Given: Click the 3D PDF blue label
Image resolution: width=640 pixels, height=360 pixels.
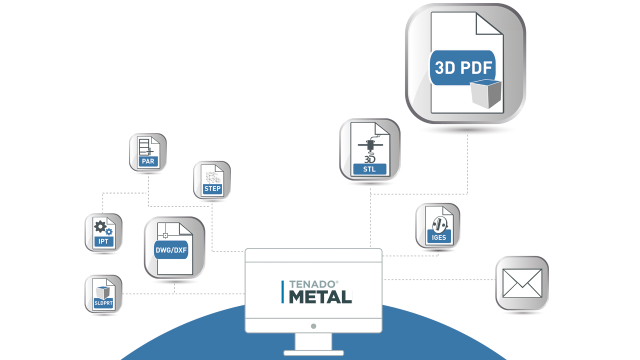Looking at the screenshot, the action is pyautogui.click(x=463, y=67).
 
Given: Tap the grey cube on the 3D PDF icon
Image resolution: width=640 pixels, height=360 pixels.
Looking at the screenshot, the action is pyautogui.click(x=485, y=93).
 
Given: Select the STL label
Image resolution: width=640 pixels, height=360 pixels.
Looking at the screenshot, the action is pyautogui.click(x=369, y=169).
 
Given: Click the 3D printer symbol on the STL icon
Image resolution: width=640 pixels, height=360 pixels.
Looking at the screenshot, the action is pyautogui.click(x=370, y=151).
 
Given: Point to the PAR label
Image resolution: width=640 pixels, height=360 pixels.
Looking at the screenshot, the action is pyautogui.click(x=148, y=161).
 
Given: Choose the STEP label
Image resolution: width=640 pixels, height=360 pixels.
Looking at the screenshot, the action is pyautogui.click(x=212, y=188).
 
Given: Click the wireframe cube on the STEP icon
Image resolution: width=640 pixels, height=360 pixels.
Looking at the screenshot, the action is pyautogui.click(x=213, y=177).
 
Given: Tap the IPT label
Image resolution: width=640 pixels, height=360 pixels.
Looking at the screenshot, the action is pyautogui.click(x=103, y=241).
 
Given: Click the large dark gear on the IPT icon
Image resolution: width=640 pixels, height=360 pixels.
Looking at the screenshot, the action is pyautogui.click(x=100, y=226).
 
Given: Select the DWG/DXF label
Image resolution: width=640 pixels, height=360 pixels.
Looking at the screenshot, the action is pyautogui.click(x=171, y=250).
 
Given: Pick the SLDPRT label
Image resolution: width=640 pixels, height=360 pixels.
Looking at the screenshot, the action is pyautogui.click(x=103, y=303).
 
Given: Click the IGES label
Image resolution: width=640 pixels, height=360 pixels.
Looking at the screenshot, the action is pyautogui.click(x=438, y=237).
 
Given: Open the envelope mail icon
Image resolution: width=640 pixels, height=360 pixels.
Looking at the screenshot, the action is pyautogui.click(x=522, y=283).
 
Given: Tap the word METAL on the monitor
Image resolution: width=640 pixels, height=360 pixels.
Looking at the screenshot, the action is pyautogui.click(x=320, y=297).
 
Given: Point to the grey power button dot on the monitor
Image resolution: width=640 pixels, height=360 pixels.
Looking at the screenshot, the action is pyautogui.click(x=313, y=326).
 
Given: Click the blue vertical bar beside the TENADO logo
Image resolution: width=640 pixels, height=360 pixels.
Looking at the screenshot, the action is pyautogui.click(x=282, y=291).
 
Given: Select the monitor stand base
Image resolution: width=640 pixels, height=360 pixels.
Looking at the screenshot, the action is pyautogui.click(x=313, y=353).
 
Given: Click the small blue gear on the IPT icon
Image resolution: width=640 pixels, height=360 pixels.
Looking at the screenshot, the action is pyautogui.click(x=109, y=231).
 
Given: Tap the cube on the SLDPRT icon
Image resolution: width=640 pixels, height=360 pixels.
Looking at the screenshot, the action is pyautogui.click(x=103, y=292).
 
